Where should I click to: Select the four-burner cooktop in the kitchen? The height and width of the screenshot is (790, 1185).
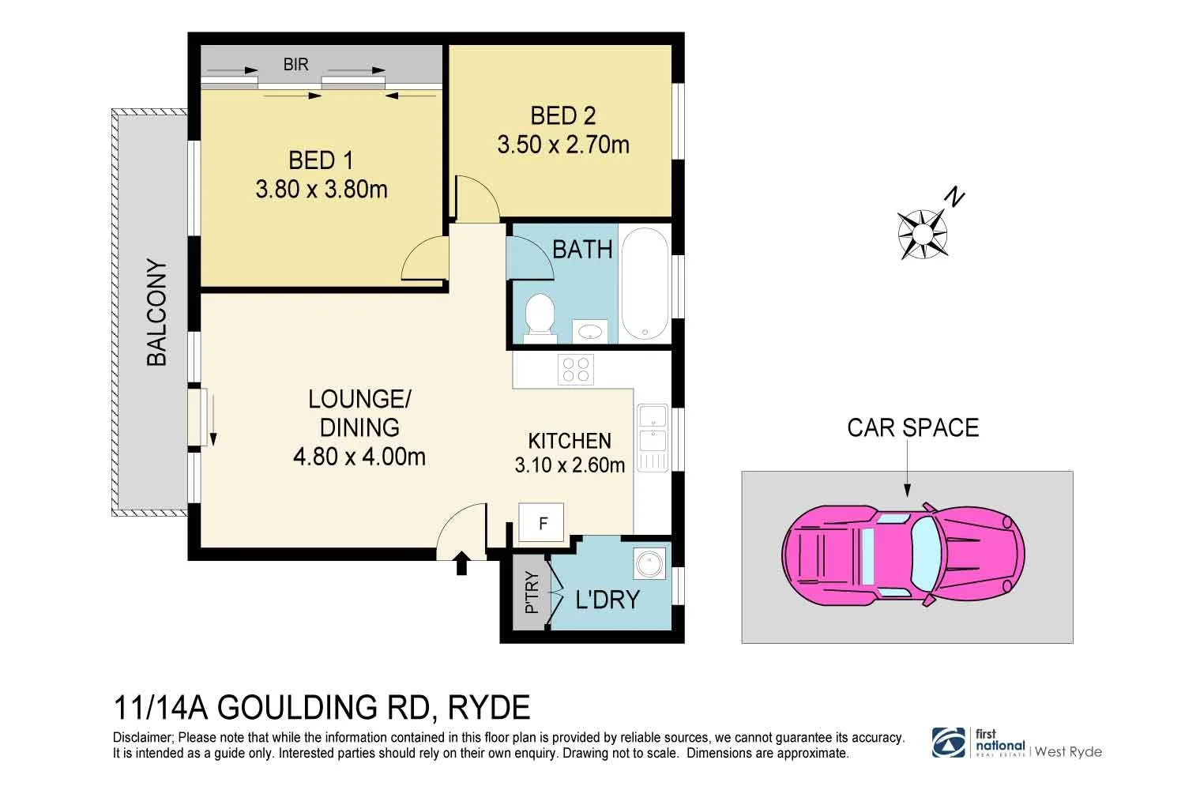pyautogui.click(x=576, y=369)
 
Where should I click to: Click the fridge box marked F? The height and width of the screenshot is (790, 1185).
pyautogui.click(x=543, y=523)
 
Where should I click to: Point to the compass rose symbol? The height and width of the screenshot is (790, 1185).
pyautogui.click(x=922, y=234)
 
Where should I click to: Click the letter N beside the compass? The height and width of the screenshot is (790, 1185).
pyautogui.click(x=955, y=197)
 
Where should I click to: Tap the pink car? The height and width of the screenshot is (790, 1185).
pyautogui.click(x=903, y=553)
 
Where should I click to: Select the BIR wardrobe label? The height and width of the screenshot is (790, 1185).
pyautogui.click(x=295, y=64)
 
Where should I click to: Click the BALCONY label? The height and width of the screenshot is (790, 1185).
pyautogui.click(x=157, y=313)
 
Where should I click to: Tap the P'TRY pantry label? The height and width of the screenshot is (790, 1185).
pyautogui.click(x=532, y=592)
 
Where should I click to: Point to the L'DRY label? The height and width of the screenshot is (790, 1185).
pyautogui.click(x=607, y=600)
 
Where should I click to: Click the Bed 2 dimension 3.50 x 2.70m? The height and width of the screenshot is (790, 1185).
pyautogui.click(x=563, y=145)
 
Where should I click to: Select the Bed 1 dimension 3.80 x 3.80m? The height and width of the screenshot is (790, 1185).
pyautogui.click(x=322, y=190)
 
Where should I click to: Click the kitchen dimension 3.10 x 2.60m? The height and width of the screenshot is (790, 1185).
pyautogui.click(x=570, y=465)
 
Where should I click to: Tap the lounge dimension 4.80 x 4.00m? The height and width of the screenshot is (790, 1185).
pyautogui.click(x=359, y=457)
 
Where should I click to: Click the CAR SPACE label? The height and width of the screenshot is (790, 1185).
pyautogui.click(x=912, y=427)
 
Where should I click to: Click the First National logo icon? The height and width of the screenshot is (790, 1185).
pyautogui.click(x=948, y=743)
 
